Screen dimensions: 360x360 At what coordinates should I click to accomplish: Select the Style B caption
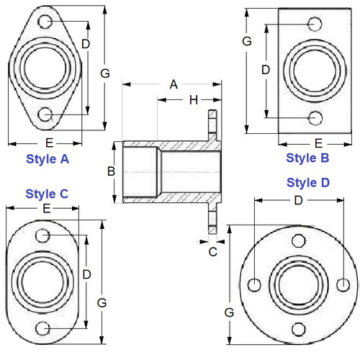[x=307, y=158]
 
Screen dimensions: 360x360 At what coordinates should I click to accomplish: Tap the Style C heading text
[x=47, y=193]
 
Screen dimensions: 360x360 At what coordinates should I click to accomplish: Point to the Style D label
[x=307, y=182]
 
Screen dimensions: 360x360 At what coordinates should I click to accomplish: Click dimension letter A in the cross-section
[x=173, y=84]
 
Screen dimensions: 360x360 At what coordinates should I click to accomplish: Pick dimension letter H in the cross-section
[x=193, y=99]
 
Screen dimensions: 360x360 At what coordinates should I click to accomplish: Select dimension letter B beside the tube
[x=112, y=171]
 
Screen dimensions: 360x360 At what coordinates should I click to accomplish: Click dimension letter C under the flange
[x=212, y=251]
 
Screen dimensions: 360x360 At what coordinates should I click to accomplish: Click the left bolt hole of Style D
[x=254, y=284]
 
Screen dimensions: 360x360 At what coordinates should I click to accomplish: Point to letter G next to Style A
[x=105, y=73]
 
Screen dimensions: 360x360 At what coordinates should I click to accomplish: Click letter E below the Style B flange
[x=318, y=143]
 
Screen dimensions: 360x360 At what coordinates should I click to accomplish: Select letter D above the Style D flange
[x=297, y=201]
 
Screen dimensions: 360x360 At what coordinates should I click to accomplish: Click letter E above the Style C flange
[x=46, y=208]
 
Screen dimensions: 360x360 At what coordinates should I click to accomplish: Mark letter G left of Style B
[x=247, y=42]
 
